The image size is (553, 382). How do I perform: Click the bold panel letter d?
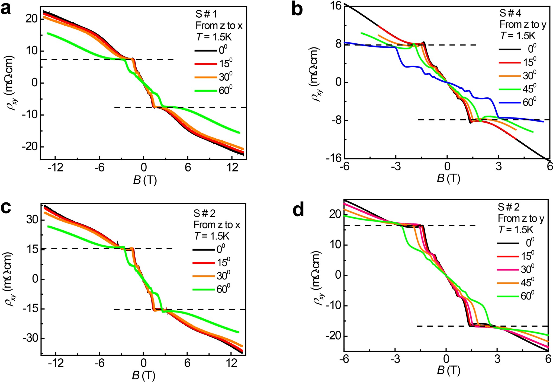298,210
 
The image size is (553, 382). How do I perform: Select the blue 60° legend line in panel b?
510,103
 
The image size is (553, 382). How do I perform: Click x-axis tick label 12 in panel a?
232,168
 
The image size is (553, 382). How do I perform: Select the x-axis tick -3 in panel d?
395,359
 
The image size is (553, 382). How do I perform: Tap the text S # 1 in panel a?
207,14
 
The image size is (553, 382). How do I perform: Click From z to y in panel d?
521,219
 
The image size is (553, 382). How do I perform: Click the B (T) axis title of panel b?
448,179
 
